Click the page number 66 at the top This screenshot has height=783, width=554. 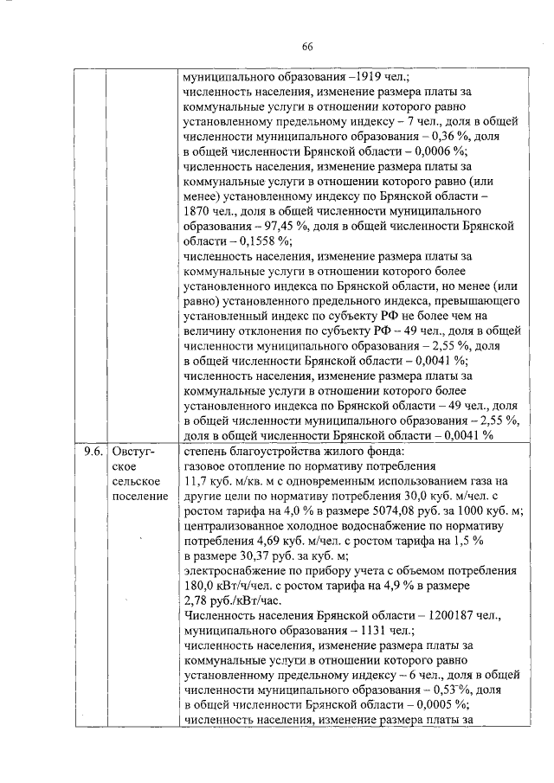[x=306, y=47]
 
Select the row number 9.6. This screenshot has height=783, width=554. [x=91, y=451]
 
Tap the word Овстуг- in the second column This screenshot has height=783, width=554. [x=133, y=451]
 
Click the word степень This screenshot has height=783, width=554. [x=208, y=451]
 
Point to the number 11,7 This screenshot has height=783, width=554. [x=198, y=481]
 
